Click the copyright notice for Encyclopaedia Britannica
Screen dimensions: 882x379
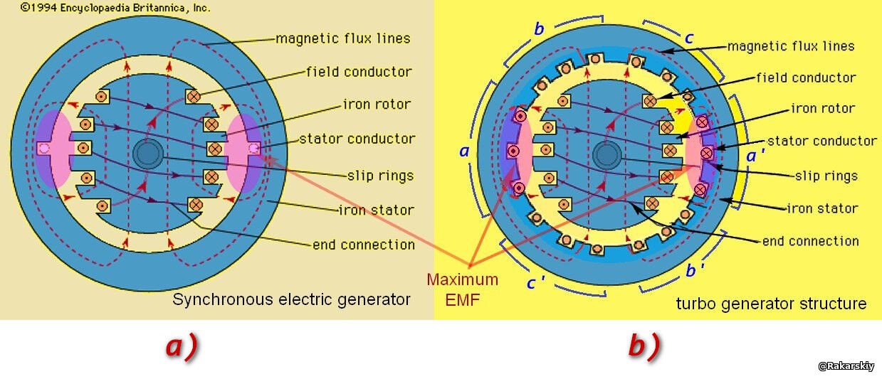click(x=115, y=8)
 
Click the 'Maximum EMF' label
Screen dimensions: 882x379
click(x=462, y=289)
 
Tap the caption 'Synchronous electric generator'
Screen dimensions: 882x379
click(x=291, y=299)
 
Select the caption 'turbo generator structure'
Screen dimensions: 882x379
click(x=771, y=304)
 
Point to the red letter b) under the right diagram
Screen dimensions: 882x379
click(x=644, y=346)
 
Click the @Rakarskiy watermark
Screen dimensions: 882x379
click(x=846, y=366)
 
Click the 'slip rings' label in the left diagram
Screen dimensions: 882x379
click(x=380, y=176)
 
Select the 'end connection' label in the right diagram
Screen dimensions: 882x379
click(x=810, y=241)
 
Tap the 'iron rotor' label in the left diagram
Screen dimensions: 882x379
click(x=377, y=105)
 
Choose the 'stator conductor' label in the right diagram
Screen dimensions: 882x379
click(x=821, y=140)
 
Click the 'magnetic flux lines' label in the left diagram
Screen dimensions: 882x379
click(x=342, y=38)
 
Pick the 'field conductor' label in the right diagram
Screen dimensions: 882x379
click(x=806, y=78)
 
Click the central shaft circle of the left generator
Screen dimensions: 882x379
click(x=148, y=154)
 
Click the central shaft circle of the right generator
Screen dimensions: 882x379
click(x=607, y=155)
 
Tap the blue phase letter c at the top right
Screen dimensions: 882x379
click(x=688, y=38)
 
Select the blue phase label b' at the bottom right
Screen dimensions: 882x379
click(x=694, y=270)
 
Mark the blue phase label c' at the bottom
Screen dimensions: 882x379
click(x=536, y=282)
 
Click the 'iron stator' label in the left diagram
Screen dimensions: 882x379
click(x=376, y=210)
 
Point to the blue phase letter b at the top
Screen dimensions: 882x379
click(x=539, y=28)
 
